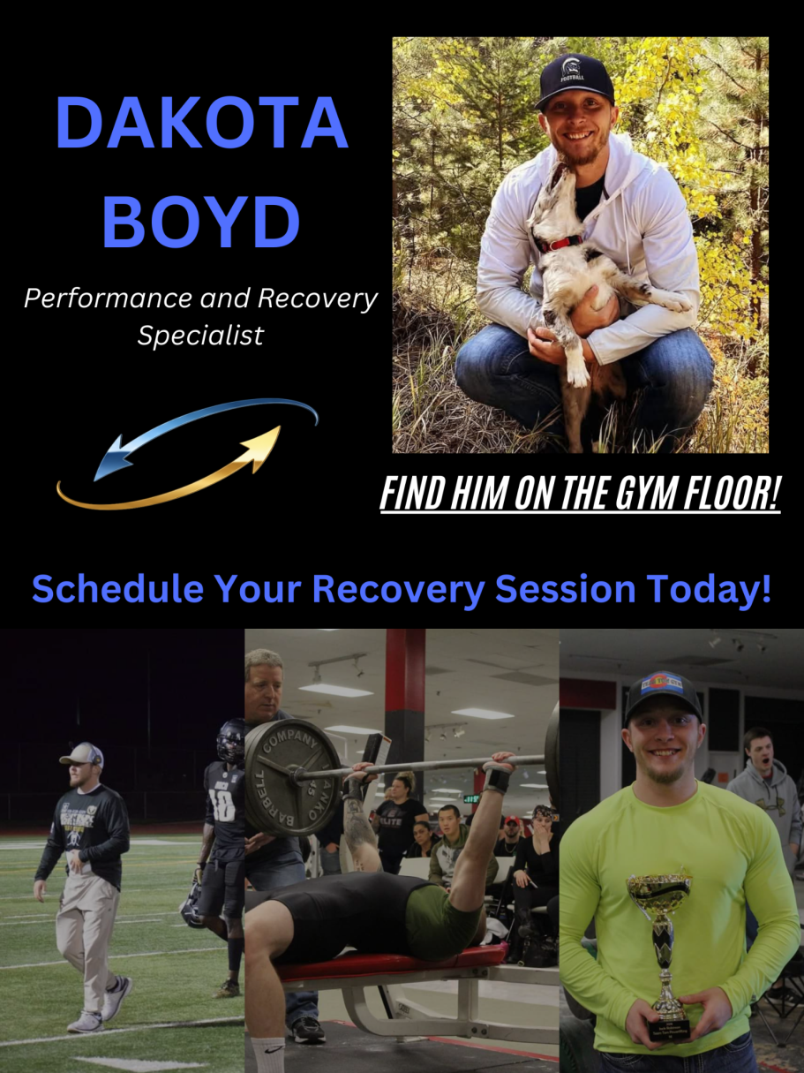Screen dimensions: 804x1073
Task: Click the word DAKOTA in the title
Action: point(202,123)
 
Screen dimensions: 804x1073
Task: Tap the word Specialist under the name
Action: point(200,336)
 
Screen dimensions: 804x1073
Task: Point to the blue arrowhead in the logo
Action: point(110,459)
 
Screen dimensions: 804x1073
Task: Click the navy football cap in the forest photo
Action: point(574,81)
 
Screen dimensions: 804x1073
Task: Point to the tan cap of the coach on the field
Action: point(80,755)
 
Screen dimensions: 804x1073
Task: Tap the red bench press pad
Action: point(391,962)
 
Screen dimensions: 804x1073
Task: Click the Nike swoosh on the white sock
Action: point(274,1048)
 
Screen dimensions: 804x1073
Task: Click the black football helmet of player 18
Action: point(230,740)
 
